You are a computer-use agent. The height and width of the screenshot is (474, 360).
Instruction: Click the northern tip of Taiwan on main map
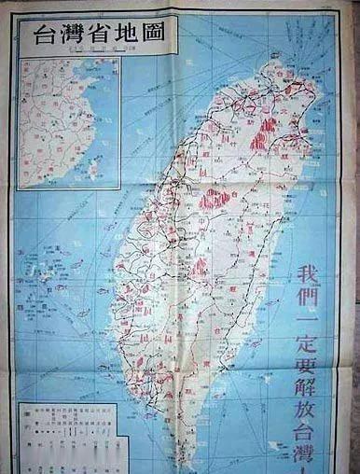click(x=277, y=63)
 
